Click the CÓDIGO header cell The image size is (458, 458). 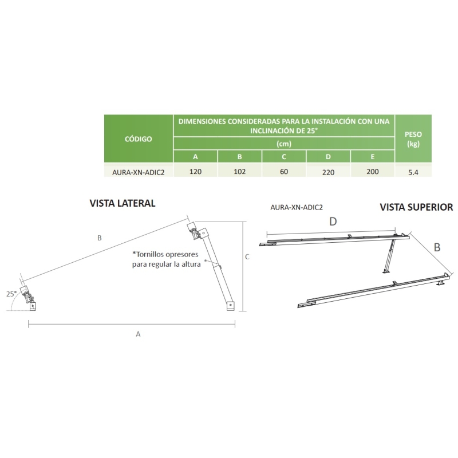[139, 139]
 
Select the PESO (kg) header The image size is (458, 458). [413, 139]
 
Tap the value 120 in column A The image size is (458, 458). [195, 171]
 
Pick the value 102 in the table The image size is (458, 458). [239, 171]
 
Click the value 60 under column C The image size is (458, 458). [284, 171]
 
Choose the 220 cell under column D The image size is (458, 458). [328, 172]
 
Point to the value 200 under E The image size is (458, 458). [373, 171]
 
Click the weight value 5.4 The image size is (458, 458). [413, 172]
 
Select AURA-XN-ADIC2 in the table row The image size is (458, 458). [139, 172]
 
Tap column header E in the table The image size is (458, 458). [373, 157]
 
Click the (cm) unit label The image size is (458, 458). [284, 144]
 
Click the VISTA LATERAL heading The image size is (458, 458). [123, 203]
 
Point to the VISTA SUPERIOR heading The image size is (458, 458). [416, 207]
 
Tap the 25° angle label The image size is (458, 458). [11, 294]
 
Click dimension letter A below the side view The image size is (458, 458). [138, 334]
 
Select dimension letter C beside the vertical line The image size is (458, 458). [247, 256]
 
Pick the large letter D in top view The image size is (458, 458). [333, 222]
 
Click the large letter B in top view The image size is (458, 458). [437, 247]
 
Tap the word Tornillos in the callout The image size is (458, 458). [152, 254]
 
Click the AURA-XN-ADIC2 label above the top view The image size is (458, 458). [297, 207]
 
